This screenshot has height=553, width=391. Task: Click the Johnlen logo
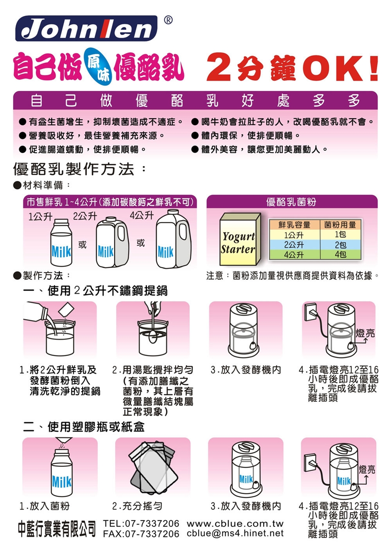point(86,28)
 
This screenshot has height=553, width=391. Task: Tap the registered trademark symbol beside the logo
point(168,20)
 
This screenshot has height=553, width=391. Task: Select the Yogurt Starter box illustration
point(240,239)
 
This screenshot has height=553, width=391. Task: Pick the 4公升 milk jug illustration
point(174,238)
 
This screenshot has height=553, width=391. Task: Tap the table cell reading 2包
point(340,245)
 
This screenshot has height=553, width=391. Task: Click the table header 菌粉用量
point(340,225)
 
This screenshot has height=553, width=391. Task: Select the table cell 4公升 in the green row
point(294,255)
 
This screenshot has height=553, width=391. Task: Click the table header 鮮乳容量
point(294,225)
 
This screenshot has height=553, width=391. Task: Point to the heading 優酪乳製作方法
point(74,169)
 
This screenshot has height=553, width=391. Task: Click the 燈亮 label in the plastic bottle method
point(367,469)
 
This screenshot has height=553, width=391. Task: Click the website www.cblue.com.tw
point(235,523)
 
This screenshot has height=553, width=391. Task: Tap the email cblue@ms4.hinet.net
point(235,533)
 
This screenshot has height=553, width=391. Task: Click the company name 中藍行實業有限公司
point(57,528)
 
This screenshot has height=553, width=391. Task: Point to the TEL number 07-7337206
point(152,523)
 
